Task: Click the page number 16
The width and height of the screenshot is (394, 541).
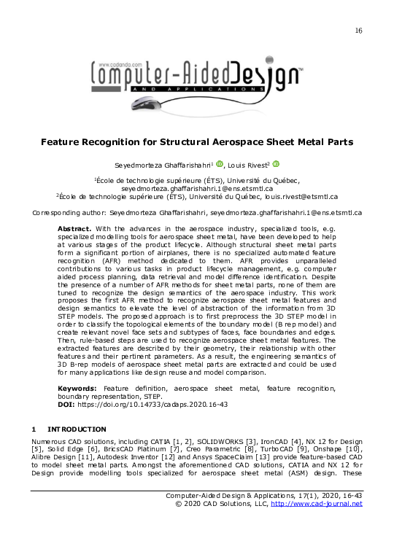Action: pyautogui.click(x=358, y=30)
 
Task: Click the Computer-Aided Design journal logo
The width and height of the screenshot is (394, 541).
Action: pyautogui.click(x=197, y=79)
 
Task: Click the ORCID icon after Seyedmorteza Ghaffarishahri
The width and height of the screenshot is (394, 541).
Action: pyautogui.click(x=219, y=165)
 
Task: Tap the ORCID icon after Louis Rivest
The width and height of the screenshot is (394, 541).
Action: pyautogui.click(x=276, y=165)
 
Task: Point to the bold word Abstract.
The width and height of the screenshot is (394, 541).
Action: pyautogui.click(x=75, y=229)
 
